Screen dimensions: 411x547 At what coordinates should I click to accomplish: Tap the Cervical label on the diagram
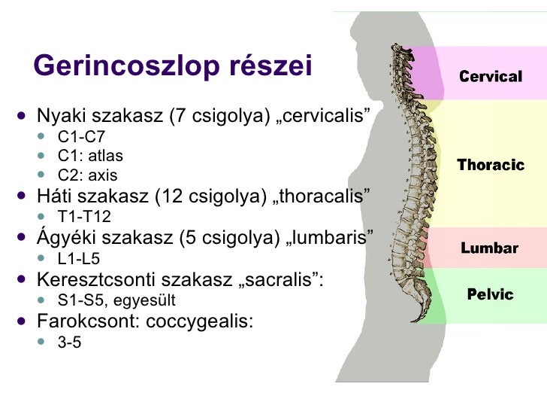[490, 76]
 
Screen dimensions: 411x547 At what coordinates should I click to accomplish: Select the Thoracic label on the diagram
[490, 165]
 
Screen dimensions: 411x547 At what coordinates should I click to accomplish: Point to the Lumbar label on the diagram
[489, 248]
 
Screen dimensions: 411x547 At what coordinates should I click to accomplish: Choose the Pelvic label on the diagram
[490, 294]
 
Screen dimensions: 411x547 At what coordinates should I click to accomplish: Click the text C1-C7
[81, 137]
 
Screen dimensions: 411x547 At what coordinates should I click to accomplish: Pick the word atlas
[105, 157]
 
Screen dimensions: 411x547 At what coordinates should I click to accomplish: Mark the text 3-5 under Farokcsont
[69, 342]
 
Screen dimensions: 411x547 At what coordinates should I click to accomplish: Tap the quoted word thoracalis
[328, 198]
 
